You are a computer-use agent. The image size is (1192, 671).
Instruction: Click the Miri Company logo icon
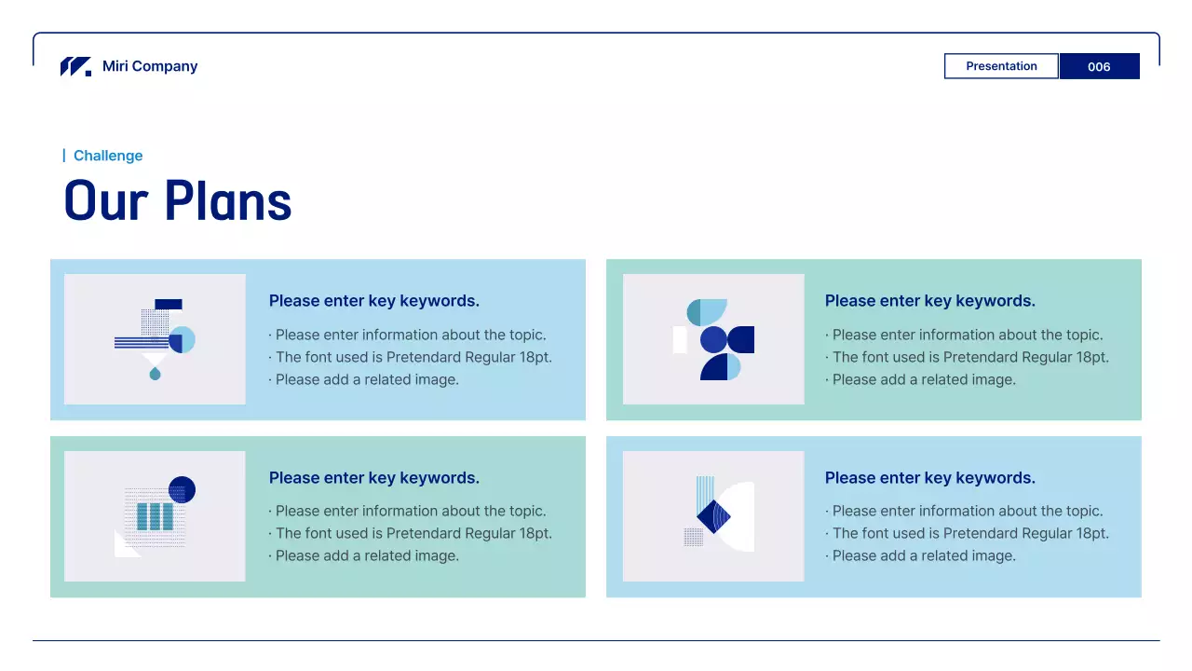tap(75, 66)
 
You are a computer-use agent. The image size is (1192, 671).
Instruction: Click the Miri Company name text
tap(150, 66)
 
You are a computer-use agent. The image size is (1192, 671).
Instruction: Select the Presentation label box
tap(1001, 66)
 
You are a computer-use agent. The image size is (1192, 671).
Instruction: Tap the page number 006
tap(1099, 66)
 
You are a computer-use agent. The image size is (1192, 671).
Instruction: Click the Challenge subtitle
tap(108, 156)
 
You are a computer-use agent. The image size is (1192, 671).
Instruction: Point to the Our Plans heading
tap(178, 200)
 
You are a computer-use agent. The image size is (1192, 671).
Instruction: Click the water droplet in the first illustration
tap(155, 374)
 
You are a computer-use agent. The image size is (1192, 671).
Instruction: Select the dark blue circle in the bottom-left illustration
tap(182, 489)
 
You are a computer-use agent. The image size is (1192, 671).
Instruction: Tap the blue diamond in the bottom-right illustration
tap(713, 516)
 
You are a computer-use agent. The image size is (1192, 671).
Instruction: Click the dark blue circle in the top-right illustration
tap(713, 339)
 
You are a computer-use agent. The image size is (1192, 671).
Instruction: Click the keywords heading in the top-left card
tap(374, 301)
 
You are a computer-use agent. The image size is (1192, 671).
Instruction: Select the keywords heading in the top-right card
tap(930, 301)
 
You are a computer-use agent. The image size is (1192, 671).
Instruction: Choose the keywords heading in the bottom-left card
tap(374, 478)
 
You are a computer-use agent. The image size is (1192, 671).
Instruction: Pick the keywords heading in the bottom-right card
tap(930, 478)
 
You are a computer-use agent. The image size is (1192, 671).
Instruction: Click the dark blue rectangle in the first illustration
tap(169, 304)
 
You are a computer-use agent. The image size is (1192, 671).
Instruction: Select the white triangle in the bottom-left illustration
tap(123, 546)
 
